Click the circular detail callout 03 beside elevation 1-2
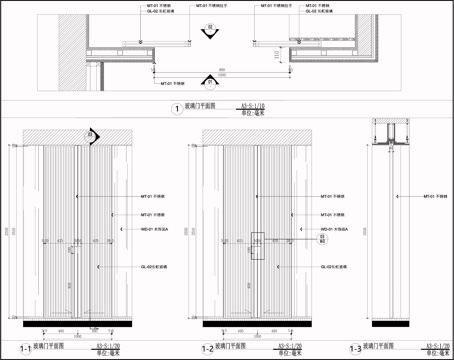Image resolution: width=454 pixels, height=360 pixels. click(281, 239)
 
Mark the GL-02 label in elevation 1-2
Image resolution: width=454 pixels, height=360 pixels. click(332, 267)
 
